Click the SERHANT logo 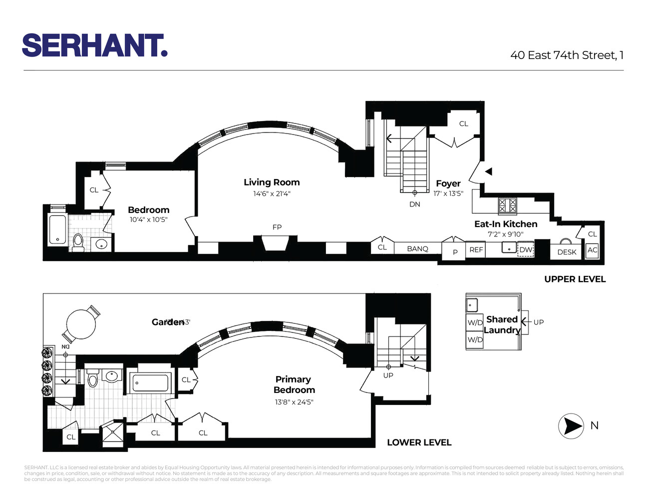94,45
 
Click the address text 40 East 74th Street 567,55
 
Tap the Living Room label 272,182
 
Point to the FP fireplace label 277,227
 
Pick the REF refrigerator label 476,249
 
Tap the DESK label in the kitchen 567,252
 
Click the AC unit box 592,250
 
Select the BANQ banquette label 417,248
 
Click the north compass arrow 571,426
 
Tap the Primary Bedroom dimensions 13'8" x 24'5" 294,402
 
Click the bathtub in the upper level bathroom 58,230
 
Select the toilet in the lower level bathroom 93,379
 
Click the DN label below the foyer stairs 415,204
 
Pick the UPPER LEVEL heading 575,279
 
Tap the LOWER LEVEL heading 419,442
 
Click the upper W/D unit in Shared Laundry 475,322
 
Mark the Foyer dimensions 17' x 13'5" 448,193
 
